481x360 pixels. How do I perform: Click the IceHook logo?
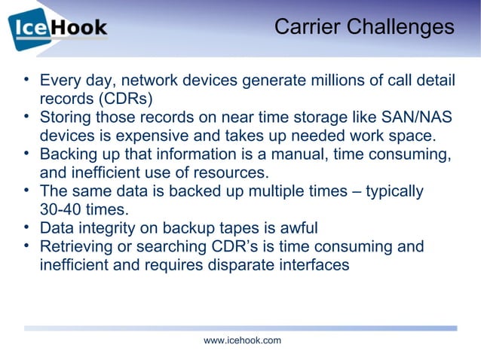pyautogui.click(x=58, y=29)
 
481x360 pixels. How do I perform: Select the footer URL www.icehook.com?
pyautogui.click(x=242, y=340)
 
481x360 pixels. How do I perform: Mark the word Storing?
pyautogui.click(x=66, y=117)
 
